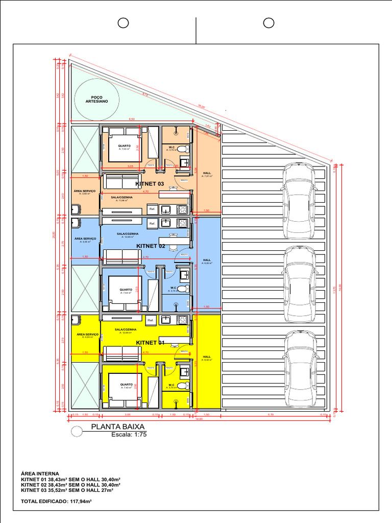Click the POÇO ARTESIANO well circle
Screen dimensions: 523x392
[97, 97]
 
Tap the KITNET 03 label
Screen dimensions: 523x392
[150, 183]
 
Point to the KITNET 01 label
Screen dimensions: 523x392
[150, 342]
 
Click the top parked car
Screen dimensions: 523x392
[299, 200]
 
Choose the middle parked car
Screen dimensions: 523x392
[299, 284]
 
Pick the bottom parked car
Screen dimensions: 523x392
[299, 368]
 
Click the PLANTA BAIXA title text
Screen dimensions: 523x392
[118, 427]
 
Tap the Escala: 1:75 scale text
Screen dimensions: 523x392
[129, 435]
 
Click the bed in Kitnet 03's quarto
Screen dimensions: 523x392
[125, 148]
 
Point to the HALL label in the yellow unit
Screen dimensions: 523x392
[207, 357]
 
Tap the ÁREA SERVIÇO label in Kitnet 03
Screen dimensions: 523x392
[85, 191]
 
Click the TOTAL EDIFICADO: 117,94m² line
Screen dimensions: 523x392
[56, 502]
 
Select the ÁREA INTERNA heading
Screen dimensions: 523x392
[40, 473]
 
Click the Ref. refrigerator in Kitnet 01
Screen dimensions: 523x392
[151, 320]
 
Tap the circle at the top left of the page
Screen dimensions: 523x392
[123, 23]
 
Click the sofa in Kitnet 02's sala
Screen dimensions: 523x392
[122, 256]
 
